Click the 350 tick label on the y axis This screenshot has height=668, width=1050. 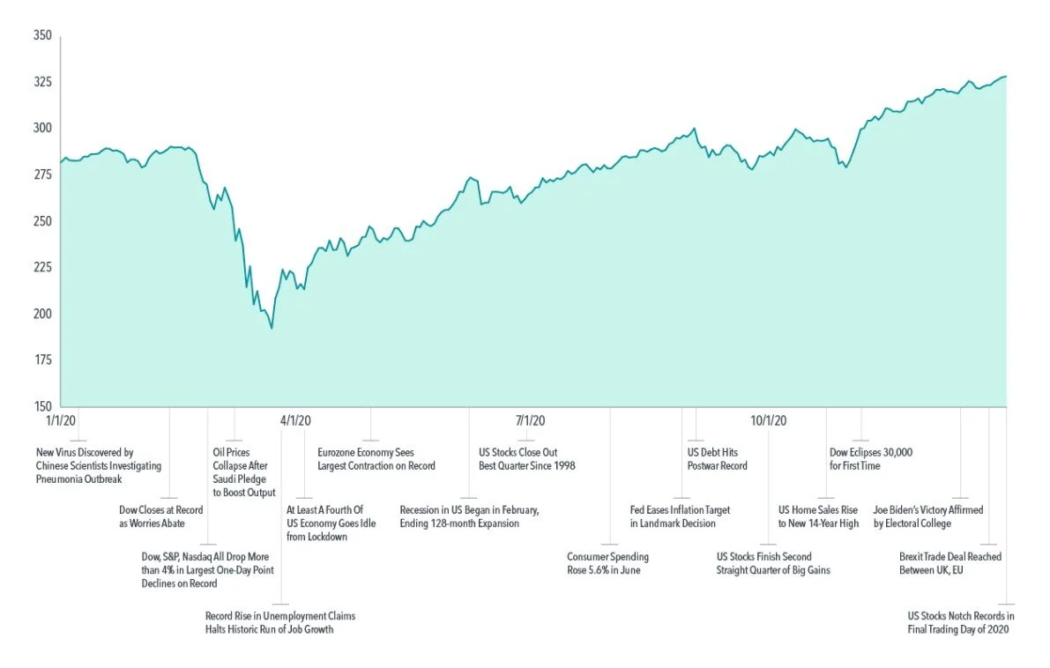pyautogui.click(x=42, y=36)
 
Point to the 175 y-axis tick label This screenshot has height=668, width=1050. pyautogui.click(x=42, y=360)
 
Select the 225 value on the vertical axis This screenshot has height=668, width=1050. pyautogui.click(x=42, y=267)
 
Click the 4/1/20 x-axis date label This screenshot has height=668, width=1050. pyautogui.click(x=296, y=420)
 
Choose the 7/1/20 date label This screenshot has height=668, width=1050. pyautogui.click(x=531, y=420)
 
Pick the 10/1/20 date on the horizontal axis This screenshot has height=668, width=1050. pyautogui.click(x=769, y=420)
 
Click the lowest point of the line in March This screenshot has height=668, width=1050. pyautogui.click(x=272, y=328)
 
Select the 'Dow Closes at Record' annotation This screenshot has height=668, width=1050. pyautogui.click(x=160, y=516)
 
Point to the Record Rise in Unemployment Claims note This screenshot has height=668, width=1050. pyautogui.click(x=274, y=622)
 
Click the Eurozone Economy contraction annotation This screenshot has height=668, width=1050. pyautogui.click(x=376, y=459)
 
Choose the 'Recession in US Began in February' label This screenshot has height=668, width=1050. pyautogui.click(x=468, y=516)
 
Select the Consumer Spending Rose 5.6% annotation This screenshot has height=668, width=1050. pyautogui.click(x=607, y=563)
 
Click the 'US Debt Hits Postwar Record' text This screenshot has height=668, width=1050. pyautogui.click(x=717, y=459)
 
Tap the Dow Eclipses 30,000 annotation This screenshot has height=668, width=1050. pyautogui.click(x=870, y=459)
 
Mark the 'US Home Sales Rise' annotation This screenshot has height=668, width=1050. pyautogui.click(x=817, y=516)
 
